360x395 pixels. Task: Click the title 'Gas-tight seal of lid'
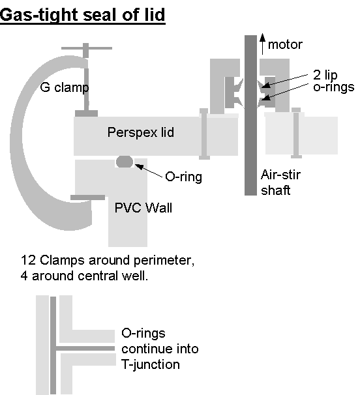[x=82, y=14]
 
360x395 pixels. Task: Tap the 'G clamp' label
[x=65, y=87]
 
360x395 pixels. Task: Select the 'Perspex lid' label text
[x=141, y=132]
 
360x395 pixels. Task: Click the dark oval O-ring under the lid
[x=125, y=162]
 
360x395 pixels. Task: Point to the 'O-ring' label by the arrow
[x=183, y=177]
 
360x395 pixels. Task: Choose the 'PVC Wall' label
[x=143, y=208]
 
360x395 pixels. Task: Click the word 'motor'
[x=285, y=45]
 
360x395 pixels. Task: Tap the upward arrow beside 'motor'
[x=262, y=44]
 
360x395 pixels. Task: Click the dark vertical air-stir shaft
[x=250, y=115]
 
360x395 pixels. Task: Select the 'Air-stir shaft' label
[x=280, y=183]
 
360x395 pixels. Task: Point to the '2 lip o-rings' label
[x=333, y=81]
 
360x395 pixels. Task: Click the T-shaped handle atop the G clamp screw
[x=87, y=48]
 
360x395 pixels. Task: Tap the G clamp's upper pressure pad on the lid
[x=86, y=113]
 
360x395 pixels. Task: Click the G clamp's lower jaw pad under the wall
[x=87, y=197]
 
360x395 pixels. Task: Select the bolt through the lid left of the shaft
[x=204, y=134]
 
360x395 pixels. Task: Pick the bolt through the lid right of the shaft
[x=296, y=133]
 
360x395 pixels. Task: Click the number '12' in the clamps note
[x=28, y=260]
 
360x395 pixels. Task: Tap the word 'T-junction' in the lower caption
[x=151, y=365]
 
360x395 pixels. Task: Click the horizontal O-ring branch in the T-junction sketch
[x=85, y=349]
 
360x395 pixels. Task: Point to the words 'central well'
[x=112, y=276]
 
